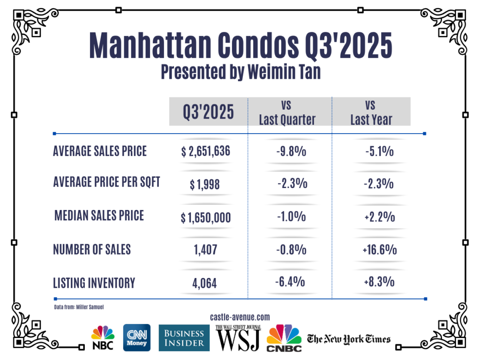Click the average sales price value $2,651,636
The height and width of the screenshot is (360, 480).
[206, 152]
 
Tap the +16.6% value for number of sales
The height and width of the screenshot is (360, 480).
[379, 250]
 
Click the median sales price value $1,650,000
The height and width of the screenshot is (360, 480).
[206, 217]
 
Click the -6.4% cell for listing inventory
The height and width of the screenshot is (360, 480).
[290, 282]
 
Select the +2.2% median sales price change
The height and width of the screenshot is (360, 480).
[379, 217]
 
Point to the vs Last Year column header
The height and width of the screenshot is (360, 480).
[371, 112]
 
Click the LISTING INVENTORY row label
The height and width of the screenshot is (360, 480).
[94, 283]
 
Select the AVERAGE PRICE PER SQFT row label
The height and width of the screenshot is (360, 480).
[106, 182]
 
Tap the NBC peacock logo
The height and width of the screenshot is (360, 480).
[103, 337]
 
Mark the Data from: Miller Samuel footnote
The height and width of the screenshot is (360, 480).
[78, 307]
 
